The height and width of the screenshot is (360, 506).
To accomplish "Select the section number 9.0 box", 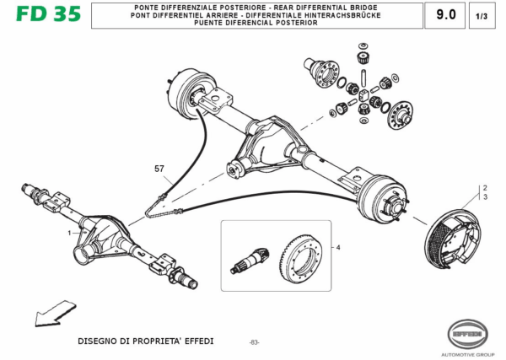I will (444, 14).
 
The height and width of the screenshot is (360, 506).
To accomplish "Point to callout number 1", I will (69, 231).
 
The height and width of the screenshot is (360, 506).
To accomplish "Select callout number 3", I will (485, 196).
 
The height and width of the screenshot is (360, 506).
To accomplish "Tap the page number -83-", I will (254, 341).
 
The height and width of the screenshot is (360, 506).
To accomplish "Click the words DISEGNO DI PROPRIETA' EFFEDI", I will (146, 341).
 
